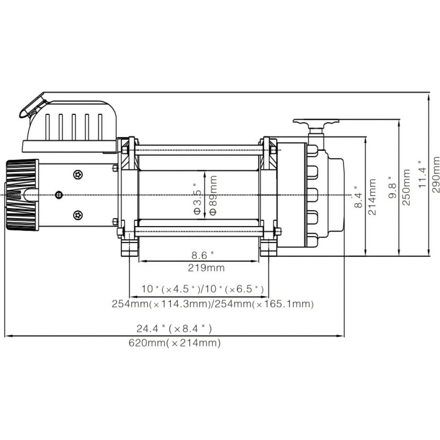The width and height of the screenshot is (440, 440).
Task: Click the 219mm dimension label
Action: tap(206, 268)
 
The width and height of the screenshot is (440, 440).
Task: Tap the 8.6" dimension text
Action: tap(202, 255)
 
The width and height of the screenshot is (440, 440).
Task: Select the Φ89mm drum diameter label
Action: tap(213, 195)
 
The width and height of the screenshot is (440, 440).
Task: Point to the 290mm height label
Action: tap(436, 175)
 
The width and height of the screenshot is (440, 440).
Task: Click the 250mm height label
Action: tap(406, 187)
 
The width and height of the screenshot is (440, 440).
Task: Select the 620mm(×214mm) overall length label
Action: tap(175, 343)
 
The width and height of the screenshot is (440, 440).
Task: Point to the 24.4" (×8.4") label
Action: tap(174, 329)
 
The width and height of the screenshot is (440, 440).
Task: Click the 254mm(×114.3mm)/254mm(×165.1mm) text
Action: tap(213, 304)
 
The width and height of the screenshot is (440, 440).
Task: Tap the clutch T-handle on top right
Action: tap(316, 123)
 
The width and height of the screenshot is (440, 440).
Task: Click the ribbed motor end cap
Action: tap(22, 195)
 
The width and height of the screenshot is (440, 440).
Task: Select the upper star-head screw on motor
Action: tap(78, 175)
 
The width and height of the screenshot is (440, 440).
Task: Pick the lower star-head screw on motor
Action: tap(78, 215)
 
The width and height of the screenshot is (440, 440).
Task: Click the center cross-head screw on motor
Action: tap(59, 195)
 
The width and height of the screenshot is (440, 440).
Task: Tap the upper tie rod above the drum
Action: tap(199, 150)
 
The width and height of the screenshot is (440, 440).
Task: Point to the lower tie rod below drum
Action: tap(199, 231)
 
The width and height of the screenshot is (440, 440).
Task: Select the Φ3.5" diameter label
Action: tap(198, 198)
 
